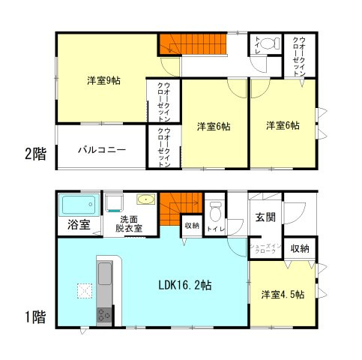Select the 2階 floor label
click(34, 154)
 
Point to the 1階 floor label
click(34, 317)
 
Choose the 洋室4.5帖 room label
click(283, 295)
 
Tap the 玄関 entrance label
click(266, 217)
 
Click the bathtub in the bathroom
click(78, 205)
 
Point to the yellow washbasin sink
click(145, 199)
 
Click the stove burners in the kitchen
click(102, 316)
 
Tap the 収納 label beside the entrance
click(300, 248)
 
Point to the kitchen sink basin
click(104, 274)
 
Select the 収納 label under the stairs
click(191, 226)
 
